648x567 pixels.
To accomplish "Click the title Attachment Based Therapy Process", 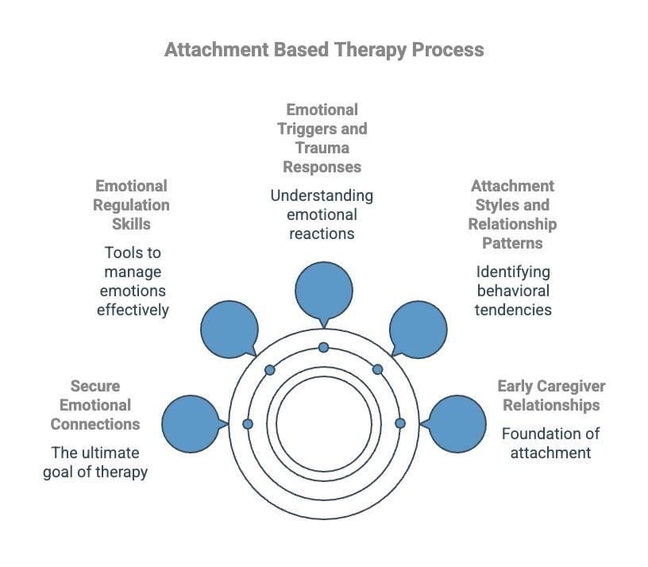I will (x=324, y=49).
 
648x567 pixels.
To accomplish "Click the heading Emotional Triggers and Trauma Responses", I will (x=322, y=138).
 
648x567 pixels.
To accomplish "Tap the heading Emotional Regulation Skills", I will (x=132, y=205).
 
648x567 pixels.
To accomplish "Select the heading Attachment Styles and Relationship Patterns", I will (x=512, y=214).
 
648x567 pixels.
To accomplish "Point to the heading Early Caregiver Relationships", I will (x=551, y=395).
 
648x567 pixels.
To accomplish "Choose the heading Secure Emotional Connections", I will (x=95, y=405).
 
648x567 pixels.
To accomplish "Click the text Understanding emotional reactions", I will (x=322, y=214).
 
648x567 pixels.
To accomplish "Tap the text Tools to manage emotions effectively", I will (x=133, y=281).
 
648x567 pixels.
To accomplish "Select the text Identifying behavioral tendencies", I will (x=513, y=291).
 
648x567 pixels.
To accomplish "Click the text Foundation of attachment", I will (x=550, y=443).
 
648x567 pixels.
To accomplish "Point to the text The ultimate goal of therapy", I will (x=95, y=462).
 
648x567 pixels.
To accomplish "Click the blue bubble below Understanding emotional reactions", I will (x=323, y=291).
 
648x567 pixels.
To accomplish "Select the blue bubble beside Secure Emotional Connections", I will (x=191, y=424).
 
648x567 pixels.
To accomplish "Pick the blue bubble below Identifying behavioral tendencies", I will (x=418, y=329).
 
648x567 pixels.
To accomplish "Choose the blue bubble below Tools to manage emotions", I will (x=229, y=329).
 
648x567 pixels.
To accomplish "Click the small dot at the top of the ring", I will (x=323, y=348).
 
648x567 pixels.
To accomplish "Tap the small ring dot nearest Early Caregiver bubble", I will (x=400, y=424).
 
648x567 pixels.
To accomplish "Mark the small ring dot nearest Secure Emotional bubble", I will (x=248, y=424).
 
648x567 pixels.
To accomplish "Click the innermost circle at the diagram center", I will (x=324, y=424).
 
